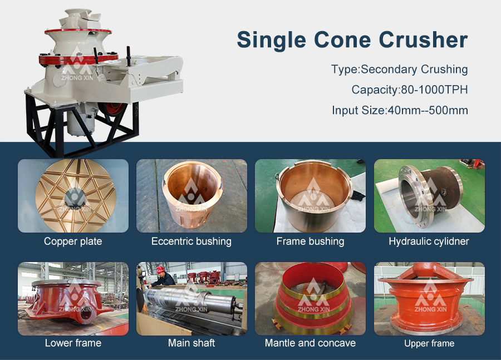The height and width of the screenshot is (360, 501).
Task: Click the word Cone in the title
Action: tap(342, 40)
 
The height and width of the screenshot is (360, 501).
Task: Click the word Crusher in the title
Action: tap(424, 40)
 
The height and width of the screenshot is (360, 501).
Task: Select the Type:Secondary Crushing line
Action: tap(399, 70)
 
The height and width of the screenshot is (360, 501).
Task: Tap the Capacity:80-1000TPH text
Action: tap(410, 90)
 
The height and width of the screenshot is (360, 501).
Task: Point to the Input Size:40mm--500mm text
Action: tap(400, 110)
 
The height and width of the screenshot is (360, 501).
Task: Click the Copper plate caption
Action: tap(73, 241)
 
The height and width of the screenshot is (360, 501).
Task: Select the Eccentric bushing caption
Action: tap(191, 241)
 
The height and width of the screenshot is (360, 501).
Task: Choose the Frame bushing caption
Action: tap(310, 241)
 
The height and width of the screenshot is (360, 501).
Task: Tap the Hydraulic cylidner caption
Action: tap(429, 241)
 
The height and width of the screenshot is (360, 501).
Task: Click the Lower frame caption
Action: tap(73, 343)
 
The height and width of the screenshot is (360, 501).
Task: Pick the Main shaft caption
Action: tap(191, 343)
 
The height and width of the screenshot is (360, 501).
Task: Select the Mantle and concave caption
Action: tap(310, 343)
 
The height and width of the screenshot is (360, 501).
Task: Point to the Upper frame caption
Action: tap(429, 343)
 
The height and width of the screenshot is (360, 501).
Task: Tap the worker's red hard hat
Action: tap(160, 269)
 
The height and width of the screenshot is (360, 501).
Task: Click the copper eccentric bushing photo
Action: tap(191, 196)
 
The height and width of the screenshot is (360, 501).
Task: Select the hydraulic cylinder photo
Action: tap(429, 196)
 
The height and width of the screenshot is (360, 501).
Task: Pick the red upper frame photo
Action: tap(429, 299)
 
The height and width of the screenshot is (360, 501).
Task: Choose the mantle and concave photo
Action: tap(310, 299)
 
